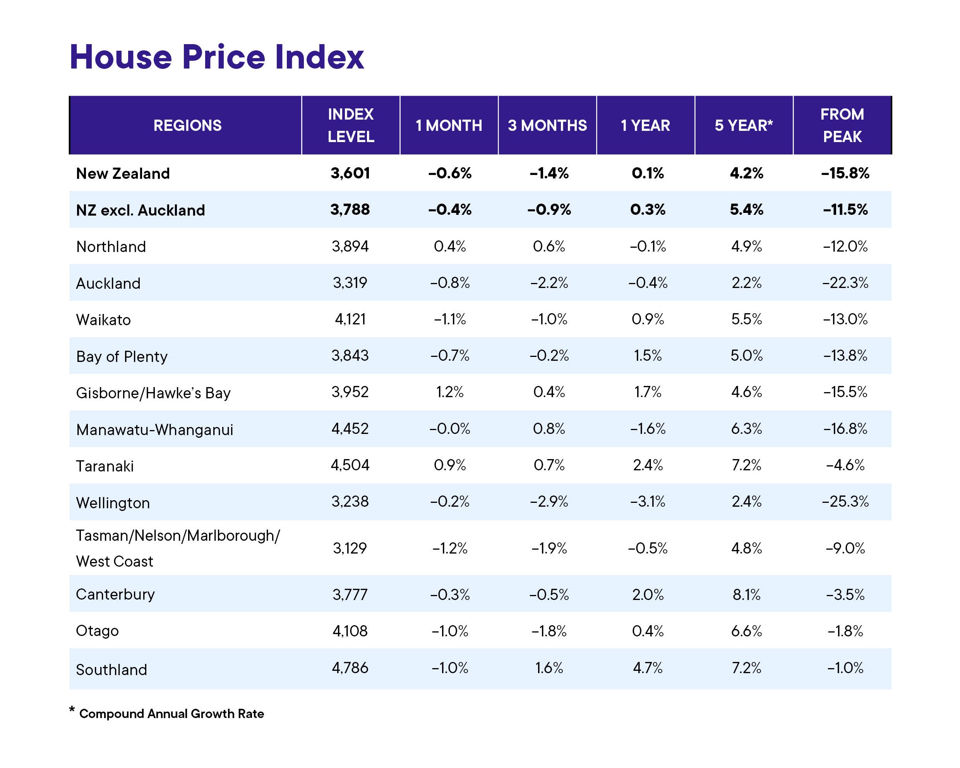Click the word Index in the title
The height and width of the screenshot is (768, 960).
point(319,57)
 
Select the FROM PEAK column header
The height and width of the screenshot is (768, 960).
point(842,125)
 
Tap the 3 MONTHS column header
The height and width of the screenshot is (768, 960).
point(547,125)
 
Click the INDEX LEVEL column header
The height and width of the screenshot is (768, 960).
point(351,125)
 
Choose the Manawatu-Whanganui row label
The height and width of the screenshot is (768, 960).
point(154,430)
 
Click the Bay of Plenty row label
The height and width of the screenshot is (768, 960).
point(122,357)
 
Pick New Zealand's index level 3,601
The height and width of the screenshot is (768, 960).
point(350,173)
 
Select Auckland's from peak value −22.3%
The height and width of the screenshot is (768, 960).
point(845,283)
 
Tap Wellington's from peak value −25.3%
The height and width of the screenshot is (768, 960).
point(845,502)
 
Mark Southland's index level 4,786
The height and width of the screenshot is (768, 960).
point(350,668)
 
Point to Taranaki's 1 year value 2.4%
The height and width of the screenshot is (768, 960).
point(648,465)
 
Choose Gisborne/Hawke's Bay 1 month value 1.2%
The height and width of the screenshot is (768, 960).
point(450,392)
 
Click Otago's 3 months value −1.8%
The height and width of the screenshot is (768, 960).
point(549,631)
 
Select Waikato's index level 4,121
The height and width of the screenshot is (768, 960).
point(350,319)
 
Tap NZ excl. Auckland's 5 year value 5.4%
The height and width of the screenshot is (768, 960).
point(747,210)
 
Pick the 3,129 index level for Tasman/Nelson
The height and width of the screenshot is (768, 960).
point(350,548)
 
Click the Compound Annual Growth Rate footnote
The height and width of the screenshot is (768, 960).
point(171,714)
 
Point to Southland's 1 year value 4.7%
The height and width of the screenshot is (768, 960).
point(648,668)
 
